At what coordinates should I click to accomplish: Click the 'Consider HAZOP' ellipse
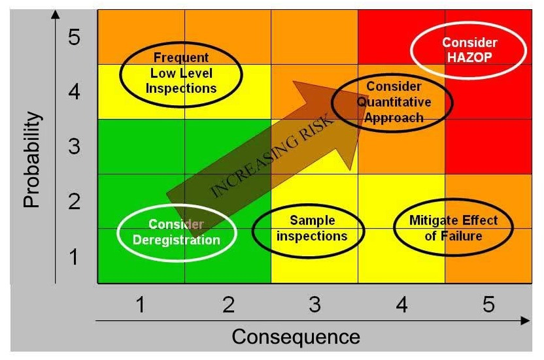coord(468,50)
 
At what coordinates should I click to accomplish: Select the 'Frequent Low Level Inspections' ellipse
coord(180,73)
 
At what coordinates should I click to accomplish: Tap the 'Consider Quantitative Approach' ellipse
coord(392,101)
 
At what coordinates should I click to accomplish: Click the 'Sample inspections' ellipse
coord(308,229)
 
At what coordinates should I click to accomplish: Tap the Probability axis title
coord(31,159)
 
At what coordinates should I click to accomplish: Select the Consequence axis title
coord(296,336)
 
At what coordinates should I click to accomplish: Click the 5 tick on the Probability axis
coord(75,37)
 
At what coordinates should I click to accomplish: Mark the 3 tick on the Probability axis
coord(75,146)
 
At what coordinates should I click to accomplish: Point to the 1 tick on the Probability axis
coord(75,257)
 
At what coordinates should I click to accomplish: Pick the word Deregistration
coord(176,240)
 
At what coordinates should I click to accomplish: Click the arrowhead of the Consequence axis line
coord(525,321)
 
